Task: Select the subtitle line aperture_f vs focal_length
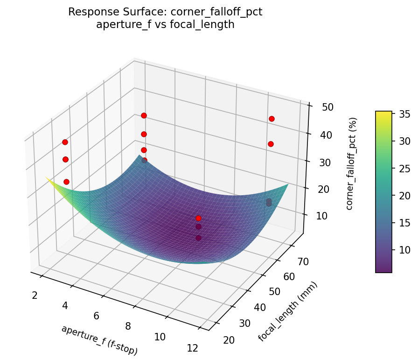tap(165, 25)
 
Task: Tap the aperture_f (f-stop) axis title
tap(99, 339)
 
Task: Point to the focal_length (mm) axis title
tap(288, 311)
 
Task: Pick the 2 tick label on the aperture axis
tap(35, 295)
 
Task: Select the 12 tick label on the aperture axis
tap(192, 348)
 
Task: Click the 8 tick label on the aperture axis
tap(128, 326)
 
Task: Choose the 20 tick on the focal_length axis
tap(229, 340)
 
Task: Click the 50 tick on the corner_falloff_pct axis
tap(327, 107)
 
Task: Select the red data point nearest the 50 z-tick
tap(272, 119)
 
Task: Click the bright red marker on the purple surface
tap(198, 218)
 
